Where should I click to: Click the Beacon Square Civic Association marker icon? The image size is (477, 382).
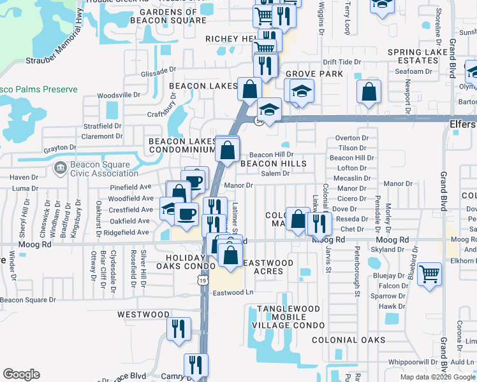click(x=60, y=168)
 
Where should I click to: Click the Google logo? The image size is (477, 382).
click(x=21, y=374)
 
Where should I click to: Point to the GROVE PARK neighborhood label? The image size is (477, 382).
click(x=314, y=74)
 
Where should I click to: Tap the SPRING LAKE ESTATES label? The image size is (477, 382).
click(x=418, y=55)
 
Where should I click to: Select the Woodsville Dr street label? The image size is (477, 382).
click(x=119, y=95)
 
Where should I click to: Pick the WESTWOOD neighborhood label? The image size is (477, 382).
click(x=143, y=315)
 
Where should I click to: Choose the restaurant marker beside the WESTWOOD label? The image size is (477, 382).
click(x=178, y=328)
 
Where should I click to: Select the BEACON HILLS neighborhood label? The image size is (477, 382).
click(x=273, y=164)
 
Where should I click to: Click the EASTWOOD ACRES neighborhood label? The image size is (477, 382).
click(x=268, y=267)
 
